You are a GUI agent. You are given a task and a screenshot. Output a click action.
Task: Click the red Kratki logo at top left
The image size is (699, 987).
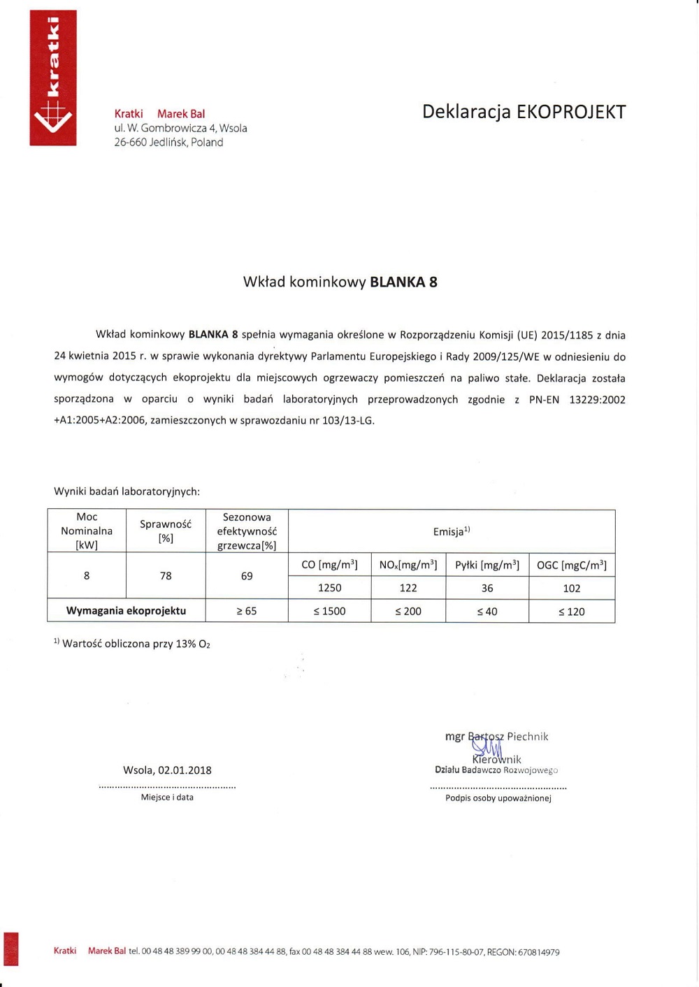53,78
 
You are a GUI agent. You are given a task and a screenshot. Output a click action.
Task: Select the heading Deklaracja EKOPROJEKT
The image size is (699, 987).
524,112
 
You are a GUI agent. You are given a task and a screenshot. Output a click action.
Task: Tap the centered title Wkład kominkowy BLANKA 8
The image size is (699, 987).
340,282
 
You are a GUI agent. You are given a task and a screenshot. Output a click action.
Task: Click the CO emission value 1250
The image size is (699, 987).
329,589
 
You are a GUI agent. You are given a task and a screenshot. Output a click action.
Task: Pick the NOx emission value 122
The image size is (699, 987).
408,589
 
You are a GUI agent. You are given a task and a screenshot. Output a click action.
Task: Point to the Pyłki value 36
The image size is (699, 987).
487,589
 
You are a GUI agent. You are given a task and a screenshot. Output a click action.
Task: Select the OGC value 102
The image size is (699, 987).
572,589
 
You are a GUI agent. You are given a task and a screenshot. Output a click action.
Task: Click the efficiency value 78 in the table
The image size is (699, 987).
166,576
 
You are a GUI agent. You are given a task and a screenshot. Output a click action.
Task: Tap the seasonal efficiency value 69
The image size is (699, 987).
247,576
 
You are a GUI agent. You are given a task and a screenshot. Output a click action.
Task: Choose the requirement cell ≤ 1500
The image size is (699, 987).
329,612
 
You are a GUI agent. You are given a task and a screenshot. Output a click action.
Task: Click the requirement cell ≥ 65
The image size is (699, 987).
247,612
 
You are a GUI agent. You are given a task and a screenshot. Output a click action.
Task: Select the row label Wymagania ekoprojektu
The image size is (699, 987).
126,611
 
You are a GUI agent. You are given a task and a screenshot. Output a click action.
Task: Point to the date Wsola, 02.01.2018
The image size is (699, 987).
167,770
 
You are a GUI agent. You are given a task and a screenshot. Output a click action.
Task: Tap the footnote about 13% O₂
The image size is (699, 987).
132,644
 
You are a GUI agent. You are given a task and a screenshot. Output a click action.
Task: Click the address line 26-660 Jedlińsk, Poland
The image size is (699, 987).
168,143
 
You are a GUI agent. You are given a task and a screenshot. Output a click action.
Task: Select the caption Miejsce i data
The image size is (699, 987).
167,798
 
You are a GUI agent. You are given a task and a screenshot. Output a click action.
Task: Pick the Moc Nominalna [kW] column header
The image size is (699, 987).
87,531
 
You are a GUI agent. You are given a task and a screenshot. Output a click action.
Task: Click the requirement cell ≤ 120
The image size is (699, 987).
572,612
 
